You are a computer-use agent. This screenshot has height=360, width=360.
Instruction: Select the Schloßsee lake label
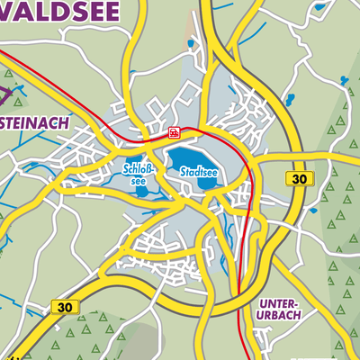[x=138, y=174]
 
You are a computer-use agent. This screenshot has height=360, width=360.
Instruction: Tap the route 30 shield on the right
[x=299, y=180]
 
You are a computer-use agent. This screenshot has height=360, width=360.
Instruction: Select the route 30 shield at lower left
[x=65, y=307]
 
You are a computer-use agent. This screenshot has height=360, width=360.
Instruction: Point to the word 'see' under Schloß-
[x=138, y=180]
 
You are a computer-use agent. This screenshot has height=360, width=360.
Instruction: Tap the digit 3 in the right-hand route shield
[x=294, y=180]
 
